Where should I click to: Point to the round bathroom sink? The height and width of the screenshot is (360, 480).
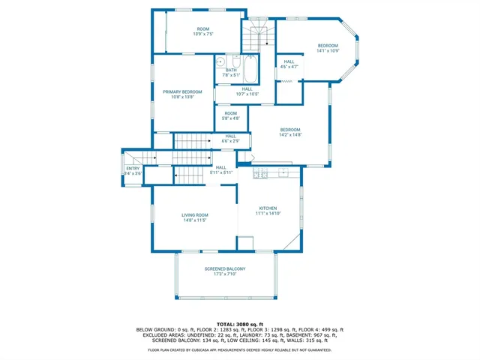pyautogui.click(x=221, y=63)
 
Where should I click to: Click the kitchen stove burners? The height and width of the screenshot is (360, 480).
pyautogui.click(x=261, y=174)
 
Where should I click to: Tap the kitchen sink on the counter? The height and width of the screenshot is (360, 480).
pyautogui.click(x=284, y=174)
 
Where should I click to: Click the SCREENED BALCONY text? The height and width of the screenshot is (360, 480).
pyautogui.click(x=225, y=268)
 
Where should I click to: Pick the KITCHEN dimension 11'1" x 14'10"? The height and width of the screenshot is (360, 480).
pyautogui.click(x=268, y=214)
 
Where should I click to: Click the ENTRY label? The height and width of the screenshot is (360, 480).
pyautogui.click(x=133, y=169)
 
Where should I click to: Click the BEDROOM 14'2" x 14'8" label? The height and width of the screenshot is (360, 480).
pyautogui.click(x=289, y=132)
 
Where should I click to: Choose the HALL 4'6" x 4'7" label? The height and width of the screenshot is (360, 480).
pyautogui.click(x=289, y=64)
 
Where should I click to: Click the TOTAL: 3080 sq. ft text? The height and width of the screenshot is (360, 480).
pyautogui.click(x=240, y=323)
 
